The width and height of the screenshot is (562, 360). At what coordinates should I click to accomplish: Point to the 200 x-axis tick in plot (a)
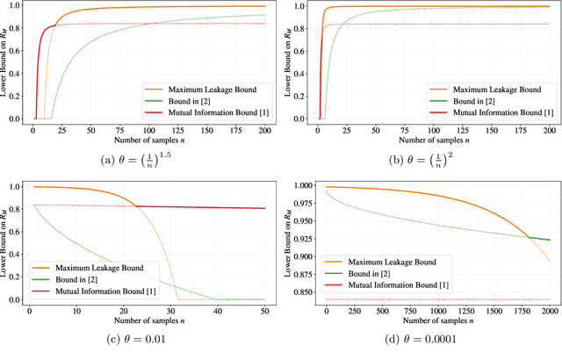coord(263,130)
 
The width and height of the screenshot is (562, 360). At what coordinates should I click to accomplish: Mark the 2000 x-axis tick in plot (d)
coord(549,311)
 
